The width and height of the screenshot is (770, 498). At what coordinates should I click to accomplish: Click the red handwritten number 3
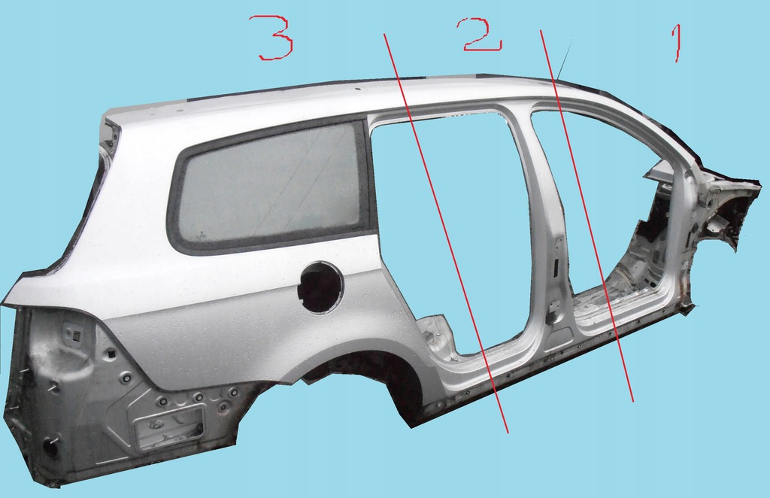coord(275,38)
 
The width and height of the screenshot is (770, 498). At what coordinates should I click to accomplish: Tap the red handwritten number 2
coord(482,35)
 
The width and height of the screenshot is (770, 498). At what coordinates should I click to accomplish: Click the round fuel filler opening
coord(320,287)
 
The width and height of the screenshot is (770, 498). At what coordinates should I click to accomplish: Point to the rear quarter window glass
coord(268,184)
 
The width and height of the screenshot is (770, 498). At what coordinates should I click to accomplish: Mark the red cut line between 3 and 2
coord(445,232)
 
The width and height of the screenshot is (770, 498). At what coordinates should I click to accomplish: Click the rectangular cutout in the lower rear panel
coord(169,427)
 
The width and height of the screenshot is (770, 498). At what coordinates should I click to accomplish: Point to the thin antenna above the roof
coord(565,59)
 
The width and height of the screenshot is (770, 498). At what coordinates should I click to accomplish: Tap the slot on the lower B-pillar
coord(556,267)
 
